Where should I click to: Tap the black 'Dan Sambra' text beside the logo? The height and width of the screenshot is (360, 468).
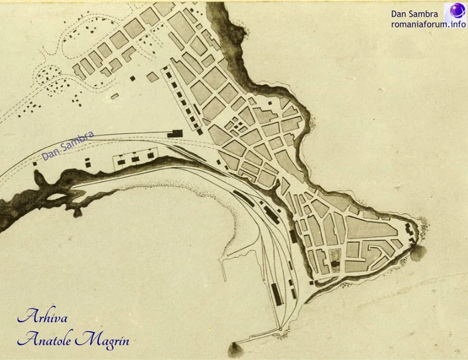click(x=415, y=13)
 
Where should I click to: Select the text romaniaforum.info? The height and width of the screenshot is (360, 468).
click(x=429, y=24)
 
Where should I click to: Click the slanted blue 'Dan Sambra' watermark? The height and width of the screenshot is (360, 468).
click(x=68, y=145)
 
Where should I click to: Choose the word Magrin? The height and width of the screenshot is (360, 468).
click(x=102, y=340)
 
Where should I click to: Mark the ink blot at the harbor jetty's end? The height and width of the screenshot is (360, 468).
click(x=235, y=349)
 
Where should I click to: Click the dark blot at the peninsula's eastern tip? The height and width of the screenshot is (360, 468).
click(x=419, y=253)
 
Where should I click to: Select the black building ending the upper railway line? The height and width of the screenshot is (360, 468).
click(x=177, y=132)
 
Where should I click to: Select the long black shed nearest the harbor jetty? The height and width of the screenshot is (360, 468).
click(x=275, y=294)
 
